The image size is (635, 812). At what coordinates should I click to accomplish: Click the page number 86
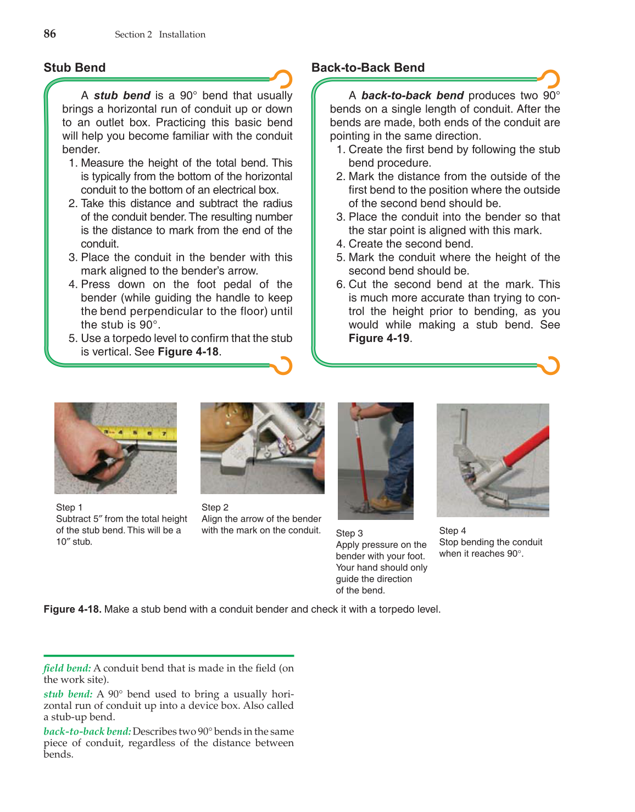coord(49,34)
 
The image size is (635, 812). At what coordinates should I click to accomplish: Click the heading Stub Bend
coord(75,68)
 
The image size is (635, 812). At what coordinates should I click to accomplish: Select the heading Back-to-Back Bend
coord(367,68)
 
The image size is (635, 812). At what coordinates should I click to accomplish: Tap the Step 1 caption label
coord(69,507)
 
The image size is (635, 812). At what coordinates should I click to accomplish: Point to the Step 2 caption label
coord(215,507)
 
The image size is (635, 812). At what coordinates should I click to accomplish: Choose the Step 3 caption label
coord(349,533)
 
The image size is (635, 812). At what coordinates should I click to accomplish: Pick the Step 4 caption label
coord(453,530)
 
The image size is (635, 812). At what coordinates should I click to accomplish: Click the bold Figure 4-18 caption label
coord(73,609)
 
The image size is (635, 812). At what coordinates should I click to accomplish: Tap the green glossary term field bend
coord(67,668)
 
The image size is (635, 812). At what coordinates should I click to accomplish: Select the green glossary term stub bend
coord(68,694)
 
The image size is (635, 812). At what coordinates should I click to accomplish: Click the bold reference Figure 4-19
coord(379,338)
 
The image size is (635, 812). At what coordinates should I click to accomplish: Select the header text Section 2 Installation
coord(160,35)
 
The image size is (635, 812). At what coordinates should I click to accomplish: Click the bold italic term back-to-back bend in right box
coord(412,96)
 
